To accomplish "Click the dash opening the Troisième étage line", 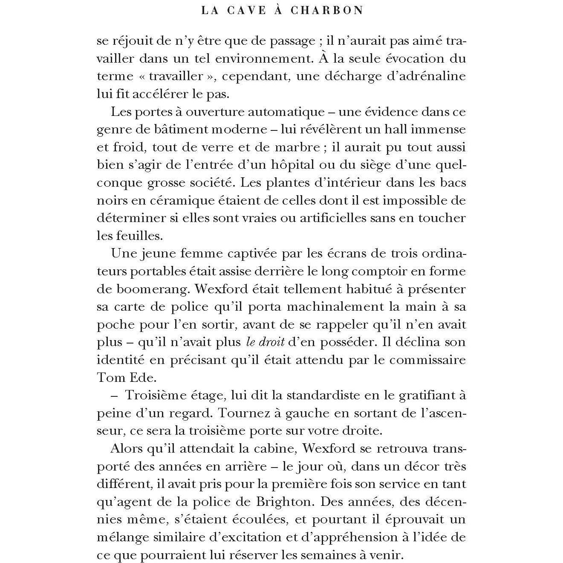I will (114, 396).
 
